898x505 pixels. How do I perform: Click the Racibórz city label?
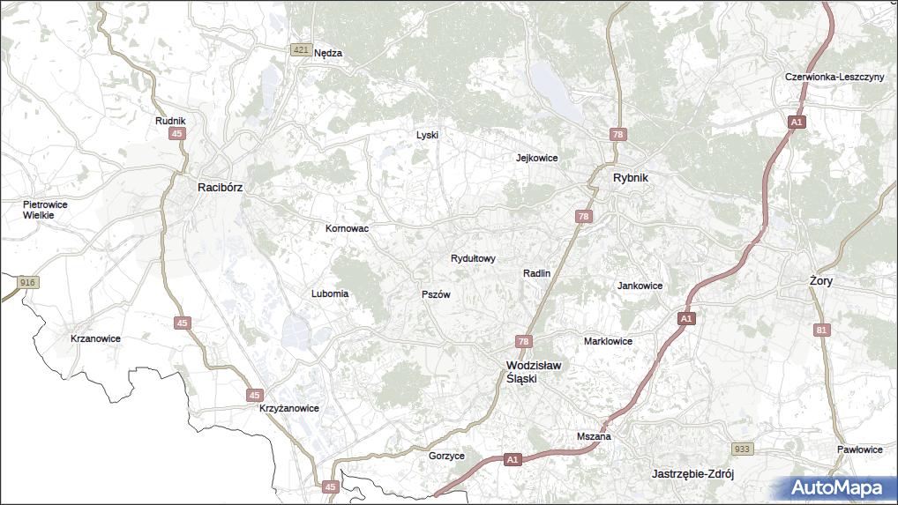pos(220,187)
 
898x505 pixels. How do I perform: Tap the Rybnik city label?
pos(631,178)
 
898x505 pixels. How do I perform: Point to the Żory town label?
pos(820,280)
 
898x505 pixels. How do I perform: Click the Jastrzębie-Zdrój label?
pos(692,473)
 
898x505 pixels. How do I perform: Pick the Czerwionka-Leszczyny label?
pos(834,77)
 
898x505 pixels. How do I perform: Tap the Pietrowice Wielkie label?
pos(44,209)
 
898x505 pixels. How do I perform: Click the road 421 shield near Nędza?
pos(302,52)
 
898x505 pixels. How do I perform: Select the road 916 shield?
pos(28,282)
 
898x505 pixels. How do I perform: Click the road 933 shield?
pos(743,449)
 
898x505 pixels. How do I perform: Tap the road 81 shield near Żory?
pos(822,330)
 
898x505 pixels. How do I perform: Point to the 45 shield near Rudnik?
pos(178,133)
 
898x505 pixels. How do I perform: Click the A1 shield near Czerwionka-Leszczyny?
pos(796,123)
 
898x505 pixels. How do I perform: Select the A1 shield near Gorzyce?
pos(513,459)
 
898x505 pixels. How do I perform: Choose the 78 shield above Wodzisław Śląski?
pos(524,342)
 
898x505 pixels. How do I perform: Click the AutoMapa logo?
pos(835,487)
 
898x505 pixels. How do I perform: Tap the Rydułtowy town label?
pos(473,258)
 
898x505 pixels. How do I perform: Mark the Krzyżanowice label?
pos(288,409)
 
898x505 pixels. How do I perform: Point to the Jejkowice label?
pos(536,158)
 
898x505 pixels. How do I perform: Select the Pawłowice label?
pos(860,449)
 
